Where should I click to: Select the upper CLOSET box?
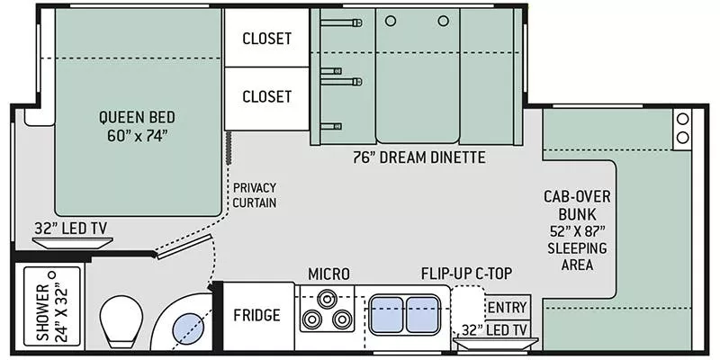266,38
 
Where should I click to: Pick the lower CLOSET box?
266,96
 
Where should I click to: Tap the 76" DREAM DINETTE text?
420,157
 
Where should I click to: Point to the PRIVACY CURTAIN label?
254,194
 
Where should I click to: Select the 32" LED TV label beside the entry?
496,329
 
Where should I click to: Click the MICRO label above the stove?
328,274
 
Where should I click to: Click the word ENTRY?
507,307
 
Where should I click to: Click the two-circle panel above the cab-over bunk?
681,129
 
